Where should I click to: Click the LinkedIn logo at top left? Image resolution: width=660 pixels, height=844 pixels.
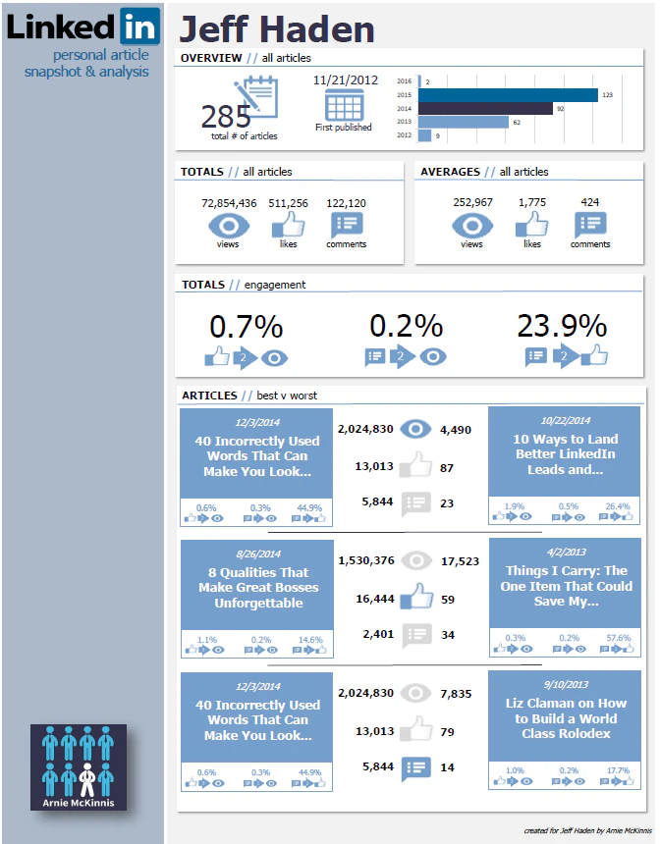82,26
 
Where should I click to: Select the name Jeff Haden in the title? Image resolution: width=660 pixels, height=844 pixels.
277,29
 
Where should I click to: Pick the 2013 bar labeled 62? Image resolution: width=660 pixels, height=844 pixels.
464,122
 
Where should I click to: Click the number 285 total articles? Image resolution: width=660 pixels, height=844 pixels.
226,117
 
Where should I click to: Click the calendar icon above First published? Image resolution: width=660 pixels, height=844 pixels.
344,105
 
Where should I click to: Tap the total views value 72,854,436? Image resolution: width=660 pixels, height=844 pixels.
229,203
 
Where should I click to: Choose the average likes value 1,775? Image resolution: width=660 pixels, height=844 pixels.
531,203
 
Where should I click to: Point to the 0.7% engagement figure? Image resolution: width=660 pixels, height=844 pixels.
246,326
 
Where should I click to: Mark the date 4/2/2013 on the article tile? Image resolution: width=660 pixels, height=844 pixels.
564,553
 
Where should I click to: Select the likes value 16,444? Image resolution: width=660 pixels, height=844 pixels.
378,597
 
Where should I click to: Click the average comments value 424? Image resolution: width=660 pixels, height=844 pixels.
589,203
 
